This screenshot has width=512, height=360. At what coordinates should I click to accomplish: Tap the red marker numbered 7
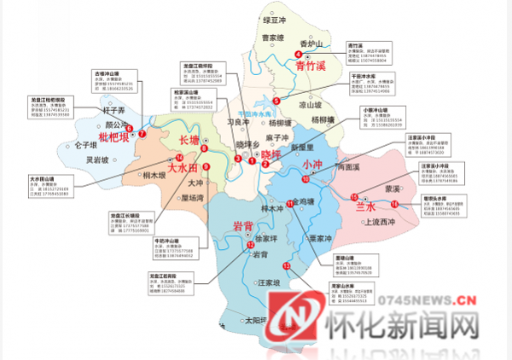point(142,134)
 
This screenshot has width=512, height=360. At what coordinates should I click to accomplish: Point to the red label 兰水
point(365,207)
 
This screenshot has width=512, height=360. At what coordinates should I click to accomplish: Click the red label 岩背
point(223,224)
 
